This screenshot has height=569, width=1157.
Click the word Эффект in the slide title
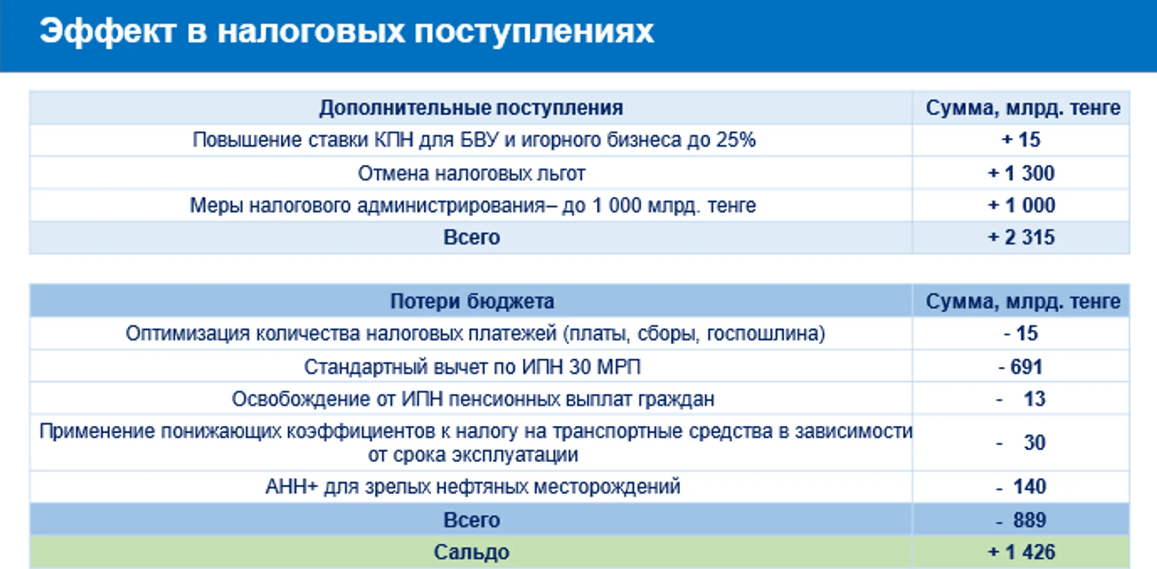(108, 31)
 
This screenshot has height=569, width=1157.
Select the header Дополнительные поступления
(471, 108)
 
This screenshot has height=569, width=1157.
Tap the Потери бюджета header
(471, 301)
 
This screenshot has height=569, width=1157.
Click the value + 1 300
(1021, 173)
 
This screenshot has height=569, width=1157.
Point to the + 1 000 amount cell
(1021, 205)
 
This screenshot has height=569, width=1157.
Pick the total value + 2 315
(1021, 238)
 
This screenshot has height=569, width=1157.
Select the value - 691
(1021, 367)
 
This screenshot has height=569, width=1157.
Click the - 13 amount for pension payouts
(1022, 399)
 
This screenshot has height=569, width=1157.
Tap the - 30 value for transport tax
(1022, 442)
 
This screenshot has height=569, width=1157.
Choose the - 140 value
(1022, 486)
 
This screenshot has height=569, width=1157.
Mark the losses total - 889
(1022, 520)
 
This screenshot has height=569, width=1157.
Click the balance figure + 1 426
(1021, 552)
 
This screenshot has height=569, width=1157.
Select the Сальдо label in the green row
(471, 552)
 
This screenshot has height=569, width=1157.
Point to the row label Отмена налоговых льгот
(471, 173)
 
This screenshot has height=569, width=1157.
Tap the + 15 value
(1021, 140)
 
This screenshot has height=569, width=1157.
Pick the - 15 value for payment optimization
(1021, 334)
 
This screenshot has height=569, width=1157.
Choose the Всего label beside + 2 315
(471, 238)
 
